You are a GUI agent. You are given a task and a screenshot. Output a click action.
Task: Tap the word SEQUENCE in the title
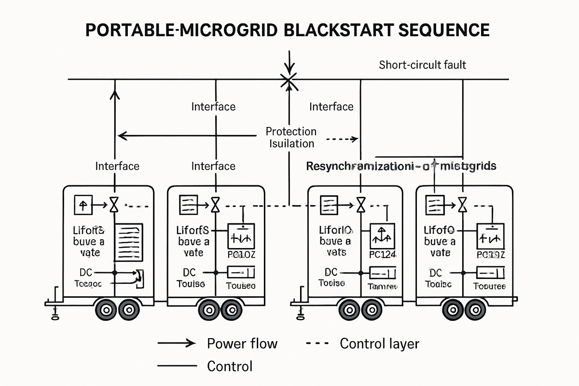coord(443,30)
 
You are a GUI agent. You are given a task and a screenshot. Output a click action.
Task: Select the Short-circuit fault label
coord(422,64)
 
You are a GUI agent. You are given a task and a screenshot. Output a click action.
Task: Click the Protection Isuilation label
coord(291,138)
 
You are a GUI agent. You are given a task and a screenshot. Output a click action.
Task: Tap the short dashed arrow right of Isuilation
coord(343,139)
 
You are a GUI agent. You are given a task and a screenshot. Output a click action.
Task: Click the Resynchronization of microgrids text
coord(401,166)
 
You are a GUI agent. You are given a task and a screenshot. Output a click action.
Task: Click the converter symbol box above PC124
coord(382,236)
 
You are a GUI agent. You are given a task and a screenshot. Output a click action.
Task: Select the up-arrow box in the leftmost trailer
coord(83,205)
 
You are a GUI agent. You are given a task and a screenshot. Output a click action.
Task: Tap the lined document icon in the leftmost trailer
coord(128,242)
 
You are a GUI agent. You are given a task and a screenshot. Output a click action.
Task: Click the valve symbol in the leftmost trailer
coord(114,206)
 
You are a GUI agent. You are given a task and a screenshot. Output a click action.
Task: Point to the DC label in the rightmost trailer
coord(435,273)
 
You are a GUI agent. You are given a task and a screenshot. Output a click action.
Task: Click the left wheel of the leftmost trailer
coord(104,308)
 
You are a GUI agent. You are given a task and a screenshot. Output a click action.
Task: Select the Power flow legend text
coord(242,344)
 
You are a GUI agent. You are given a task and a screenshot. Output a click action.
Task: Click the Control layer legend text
coord(379,344)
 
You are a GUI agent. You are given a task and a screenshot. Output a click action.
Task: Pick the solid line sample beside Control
coord(177,366)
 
